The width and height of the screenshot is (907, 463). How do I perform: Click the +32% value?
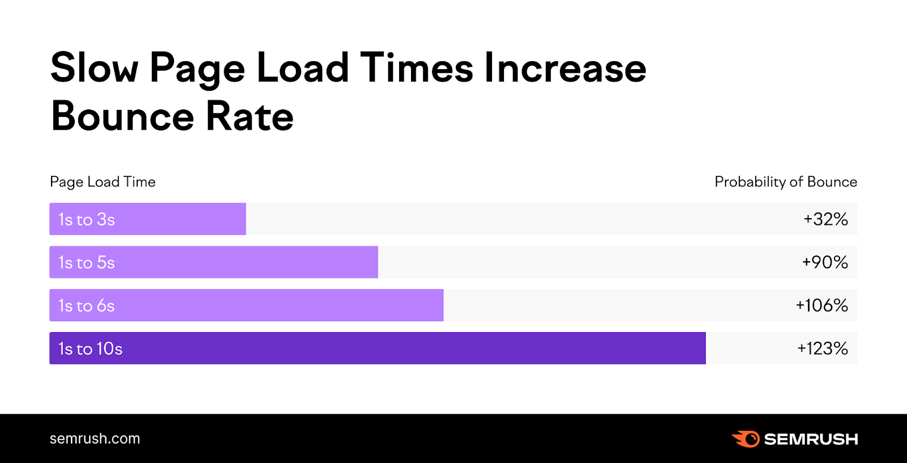[825, 219]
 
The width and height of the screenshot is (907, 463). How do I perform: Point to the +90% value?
[825, 262]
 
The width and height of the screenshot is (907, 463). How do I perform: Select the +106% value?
[821, 305]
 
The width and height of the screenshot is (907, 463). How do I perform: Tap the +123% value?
[823, 349]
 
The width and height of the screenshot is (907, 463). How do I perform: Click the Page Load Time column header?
[103, 182]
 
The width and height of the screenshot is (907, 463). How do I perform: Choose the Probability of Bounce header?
[786, 182]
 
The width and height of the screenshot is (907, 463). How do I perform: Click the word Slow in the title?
[94, 68]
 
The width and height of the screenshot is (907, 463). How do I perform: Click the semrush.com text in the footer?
[95, 439]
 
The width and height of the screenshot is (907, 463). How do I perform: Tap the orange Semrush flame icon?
[745, 439]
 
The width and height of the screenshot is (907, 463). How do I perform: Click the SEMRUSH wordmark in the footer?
[811, 439]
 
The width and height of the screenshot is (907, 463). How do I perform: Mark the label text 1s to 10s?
[91, 349]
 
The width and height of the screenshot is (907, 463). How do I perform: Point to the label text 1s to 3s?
[87, 219]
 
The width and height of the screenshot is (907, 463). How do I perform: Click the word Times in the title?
[416, 68]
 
